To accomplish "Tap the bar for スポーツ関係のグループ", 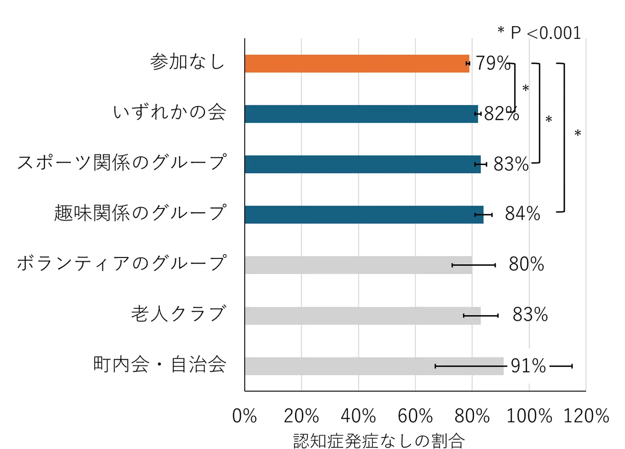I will [x=362, y=164].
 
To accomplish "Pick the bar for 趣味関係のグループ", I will [x=364, y=215].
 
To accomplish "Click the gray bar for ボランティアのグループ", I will [x=358, y=265].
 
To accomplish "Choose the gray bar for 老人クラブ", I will [x=362, y=316].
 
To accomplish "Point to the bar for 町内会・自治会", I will [x=373, y=366].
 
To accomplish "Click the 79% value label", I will [x=493, y=63].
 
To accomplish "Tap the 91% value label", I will [x=528, y=366].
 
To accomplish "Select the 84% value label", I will [x=523, y=214].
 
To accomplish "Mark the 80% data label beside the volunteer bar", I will [x=526, y=264].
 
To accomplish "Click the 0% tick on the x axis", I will [x=244, y=416].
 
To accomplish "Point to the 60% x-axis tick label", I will [x=415, y=416].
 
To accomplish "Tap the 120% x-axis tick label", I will [x=586, y=416].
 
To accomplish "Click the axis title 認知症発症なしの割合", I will [x=379, y=440].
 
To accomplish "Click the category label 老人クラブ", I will [x=178, y=314].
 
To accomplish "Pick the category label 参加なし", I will [x=187, y=62].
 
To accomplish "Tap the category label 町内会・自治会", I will [x=160, y=364].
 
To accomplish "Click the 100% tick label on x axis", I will [x=529, y=416].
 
